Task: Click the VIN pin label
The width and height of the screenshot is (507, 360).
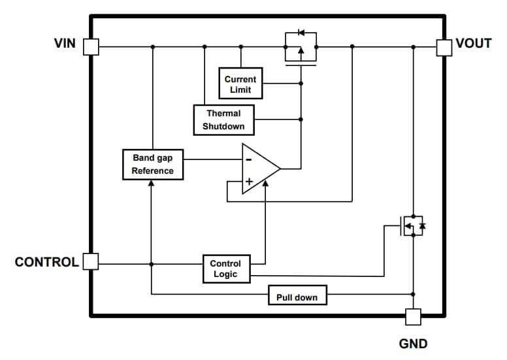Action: [65, 44]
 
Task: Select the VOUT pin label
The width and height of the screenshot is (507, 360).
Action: [473, 44]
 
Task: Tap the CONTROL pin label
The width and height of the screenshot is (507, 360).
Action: [46, 262]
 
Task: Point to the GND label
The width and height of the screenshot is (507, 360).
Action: [413, 344]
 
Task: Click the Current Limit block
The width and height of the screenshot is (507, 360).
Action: [240, 84]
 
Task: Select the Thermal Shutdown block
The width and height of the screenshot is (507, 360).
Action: [223, 120]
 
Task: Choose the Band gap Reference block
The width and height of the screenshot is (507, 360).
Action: [153, 165]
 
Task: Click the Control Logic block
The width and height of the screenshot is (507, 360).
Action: [225, 269]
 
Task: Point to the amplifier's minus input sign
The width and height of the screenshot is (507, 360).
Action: [248, 159]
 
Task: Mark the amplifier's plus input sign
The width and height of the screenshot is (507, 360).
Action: [248, 181]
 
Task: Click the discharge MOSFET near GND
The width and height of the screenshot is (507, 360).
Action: [412, 226]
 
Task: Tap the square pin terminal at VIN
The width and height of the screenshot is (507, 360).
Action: [91, 46]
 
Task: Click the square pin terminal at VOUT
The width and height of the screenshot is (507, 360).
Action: [444, 46]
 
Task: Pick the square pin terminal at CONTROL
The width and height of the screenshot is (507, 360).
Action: [91, 262]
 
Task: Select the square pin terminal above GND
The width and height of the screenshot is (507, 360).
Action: [413, 317]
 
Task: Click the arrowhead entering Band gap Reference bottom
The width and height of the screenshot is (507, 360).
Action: [151, 184]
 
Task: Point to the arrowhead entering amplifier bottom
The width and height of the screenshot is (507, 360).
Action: [265, 183]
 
